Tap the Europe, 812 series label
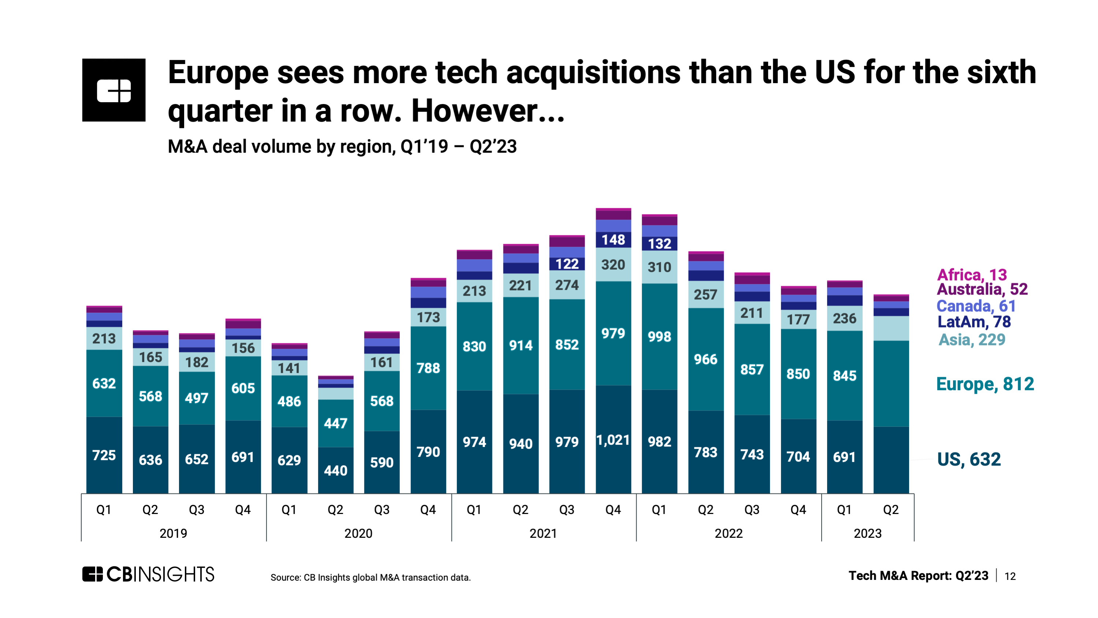tap(985, 384)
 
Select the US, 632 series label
tap(968, 459)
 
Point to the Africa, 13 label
tap(971, 275)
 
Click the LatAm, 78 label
tap(974, 322)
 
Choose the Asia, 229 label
tap(972, 340)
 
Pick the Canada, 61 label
tap(976, 306)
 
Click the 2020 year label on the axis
tap(358, 533)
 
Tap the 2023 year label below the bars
tap(867, 533)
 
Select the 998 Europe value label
tap(659, 337)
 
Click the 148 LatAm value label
tap(613, 240)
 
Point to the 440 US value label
tap(335, 470)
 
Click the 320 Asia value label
tap(613, 265)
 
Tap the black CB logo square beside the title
tap(114, 90)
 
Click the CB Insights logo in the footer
tap(148, 574)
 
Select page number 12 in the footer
tap(1010, 576)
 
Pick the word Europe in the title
tap(218, 73)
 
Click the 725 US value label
tap(104, 455)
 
